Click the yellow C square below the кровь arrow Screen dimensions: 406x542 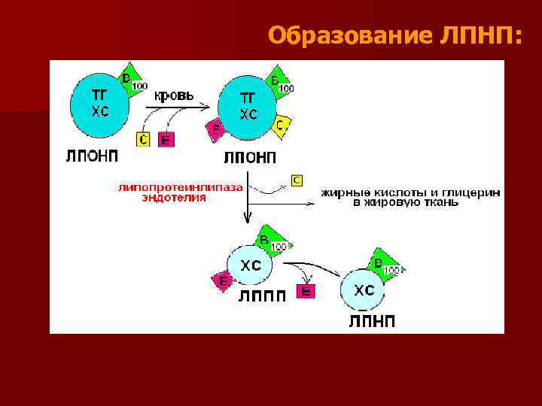click(144, 139)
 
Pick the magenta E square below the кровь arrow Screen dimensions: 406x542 click(166, 139)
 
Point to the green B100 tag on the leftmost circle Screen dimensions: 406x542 click(131, 81)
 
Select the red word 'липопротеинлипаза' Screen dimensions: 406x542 click(180, 188)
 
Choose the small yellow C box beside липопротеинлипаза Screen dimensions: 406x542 click(297, 180)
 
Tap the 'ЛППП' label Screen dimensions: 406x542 click(262, 295)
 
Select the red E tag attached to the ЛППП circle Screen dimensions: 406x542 click(223, 280)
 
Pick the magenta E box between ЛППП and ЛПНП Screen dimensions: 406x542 click(306, 291)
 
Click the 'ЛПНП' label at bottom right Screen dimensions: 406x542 click(372, 322)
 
